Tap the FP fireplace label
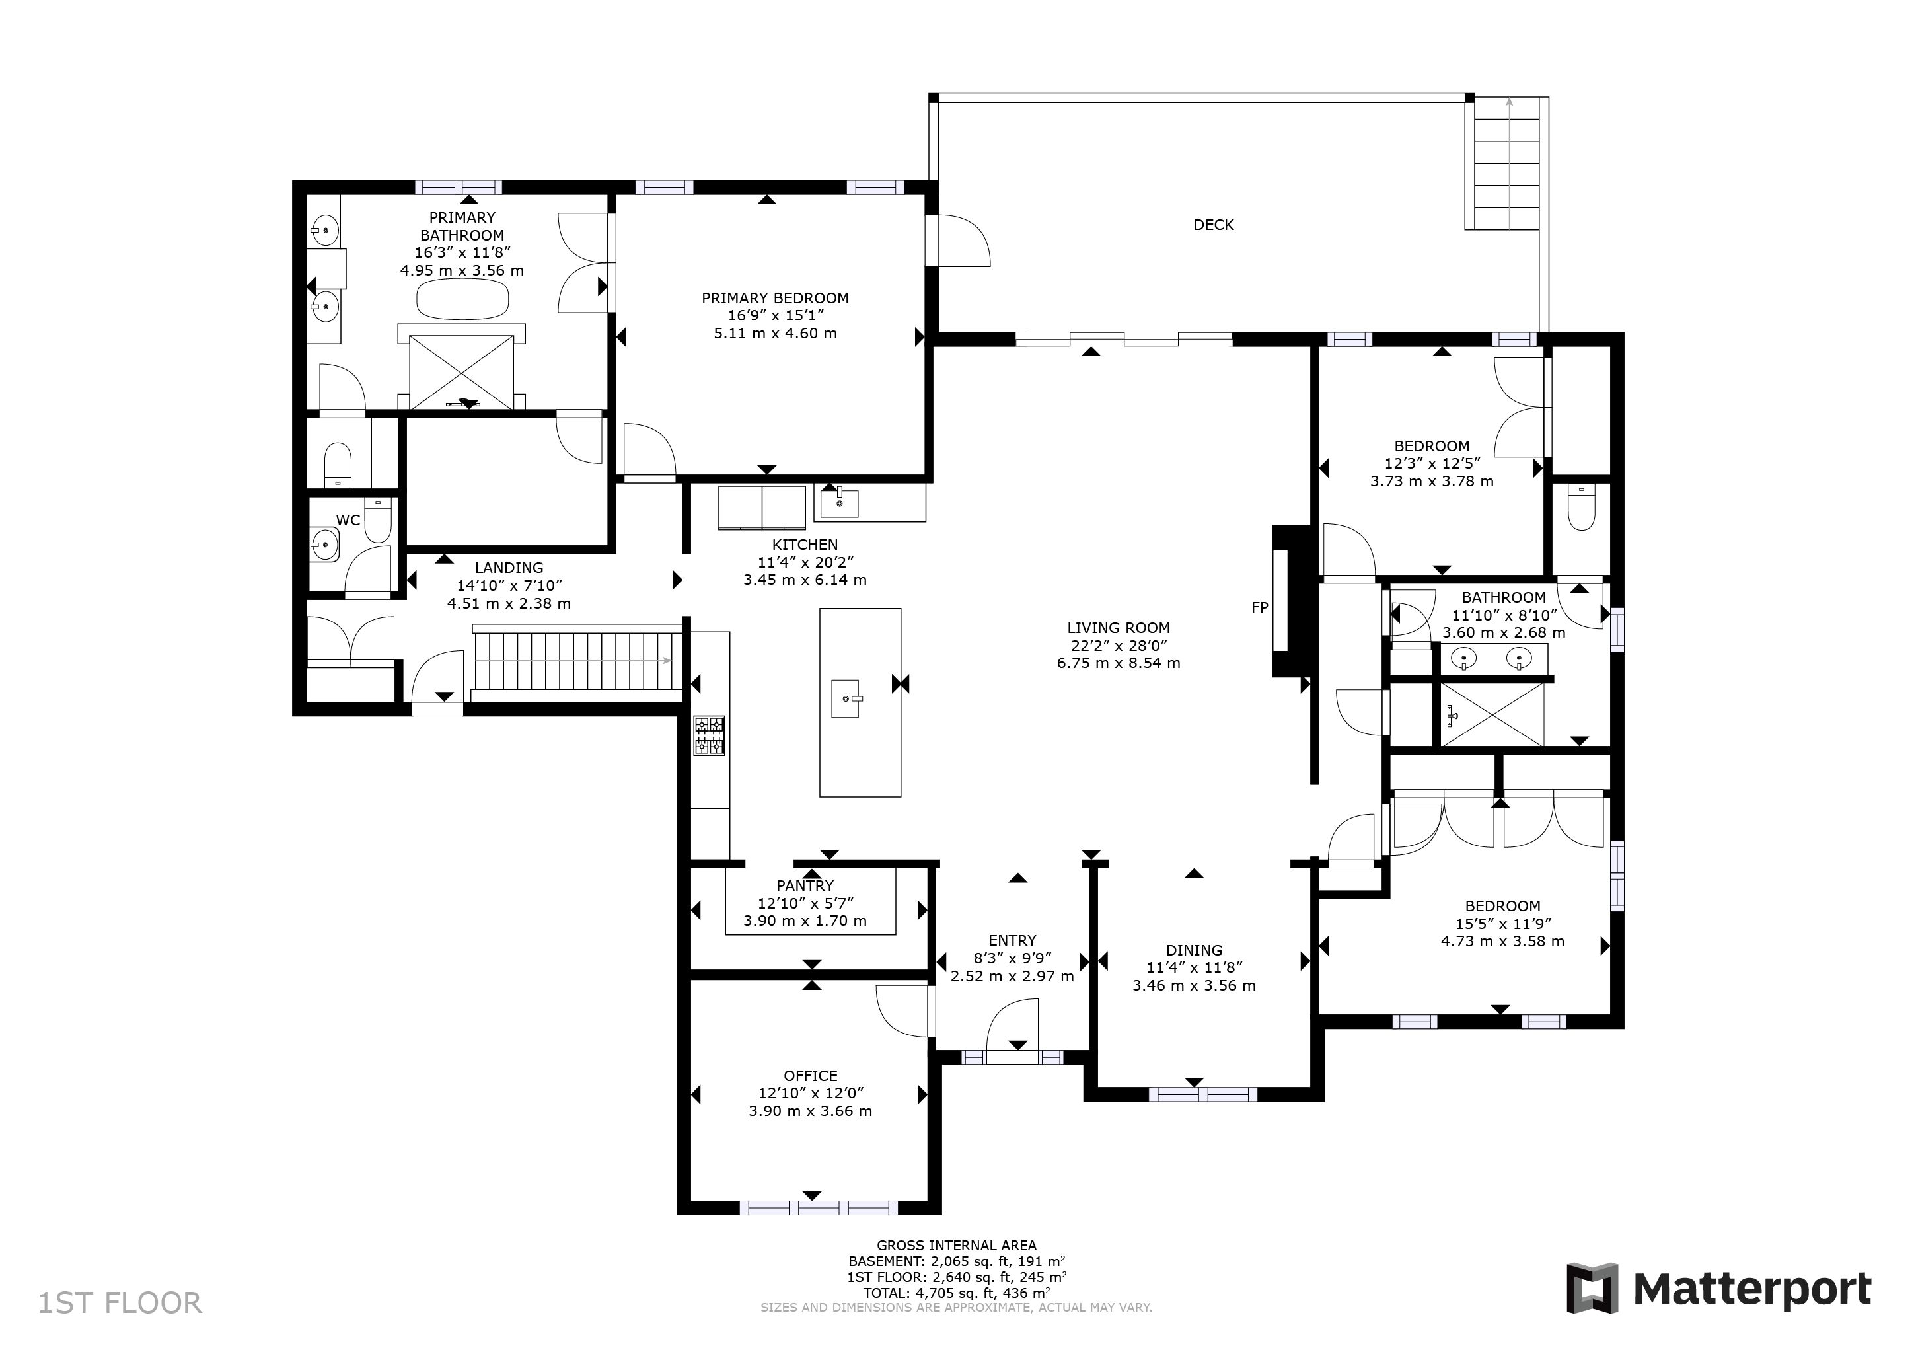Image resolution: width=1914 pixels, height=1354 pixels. (1260, 608)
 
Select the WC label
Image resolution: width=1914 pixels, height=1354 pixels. (348, 520)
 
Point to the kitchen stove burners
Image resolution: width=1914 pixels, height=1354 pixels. (710, 735)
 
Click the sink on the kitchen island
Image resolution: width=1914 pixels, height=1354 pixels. (846, 698)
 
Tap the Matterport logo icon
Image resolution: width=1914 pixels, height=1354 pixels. (1592, 1288)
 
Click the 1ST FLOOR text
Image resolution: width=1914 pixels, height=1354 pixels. (120, 1303)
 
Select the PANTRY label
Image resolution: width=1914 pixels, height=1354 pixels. (805, 885)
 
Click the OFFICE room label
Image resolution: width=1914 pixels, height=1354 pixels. (810, 1076)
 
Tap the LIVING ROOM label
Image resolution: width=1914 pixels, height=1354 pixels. (1119, 628)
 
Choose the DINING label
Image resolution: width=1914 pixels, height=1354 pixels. (1195, 950)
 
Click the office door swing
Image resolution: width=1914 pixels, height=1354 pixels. (902, 1010)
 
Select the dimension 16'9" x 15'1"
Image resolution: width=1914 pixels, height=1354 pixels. (775, 315)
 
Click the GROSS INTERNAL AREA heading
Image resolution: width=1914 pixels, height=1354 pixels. (957, 1246)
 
